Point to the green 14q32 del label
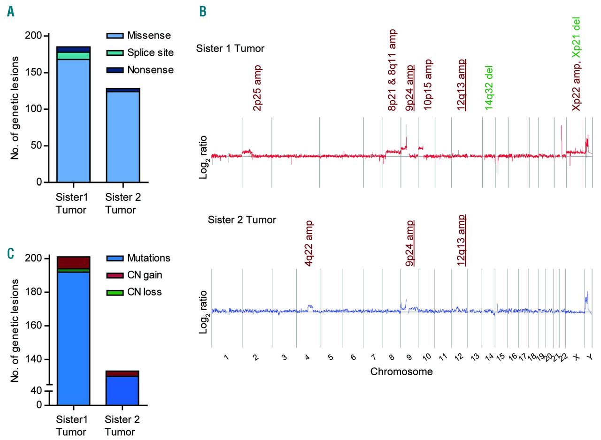(489, 88)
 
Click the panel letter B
(202, 12)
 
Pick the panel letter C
(11, 253)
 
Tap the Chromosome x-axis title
(401, 372)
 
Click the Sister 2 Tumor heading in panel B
(242, 220)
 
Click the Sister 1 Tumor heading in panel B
(230, 48)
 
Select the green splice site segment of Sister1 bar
(73, 56)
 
